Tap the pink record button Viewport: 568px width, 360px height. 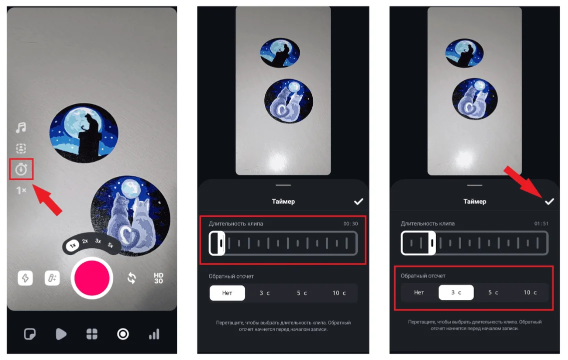(92, 277)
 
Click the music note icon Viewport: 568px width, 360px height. (21, 127)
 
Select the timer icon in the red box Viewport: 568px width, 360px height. (21, 169)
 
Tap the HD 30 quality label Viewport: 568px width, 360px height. (158, 278)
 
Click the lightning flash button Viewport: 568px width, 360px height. (25, 278)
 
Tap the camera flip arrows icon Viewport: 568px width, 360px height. (132, 278)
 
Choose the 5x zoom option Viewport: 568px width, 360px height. (110, 245)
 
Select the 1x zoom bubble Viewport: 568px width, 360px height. (73, 245)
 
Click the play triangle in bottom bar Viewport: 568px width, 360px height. (61, 334)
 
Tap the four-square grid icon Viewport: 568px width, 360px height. (92, 334)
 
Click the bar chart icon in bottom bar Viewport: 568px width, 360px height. (154, 334)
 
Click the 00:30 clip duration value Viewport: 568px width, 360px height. (351, 223)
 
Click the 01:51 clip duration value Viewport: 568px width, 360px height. (542, 223)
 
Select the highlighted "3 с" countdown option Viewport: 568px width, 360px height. (456, 292)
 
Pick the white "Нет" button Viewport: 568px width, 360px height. (227, 293)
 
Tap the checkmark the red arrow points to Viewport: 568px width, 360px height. (550, 201)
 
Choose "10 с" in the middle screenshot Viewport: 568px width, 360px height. (339, 293)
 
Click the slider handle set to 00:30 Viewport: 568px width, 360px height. (217, 243)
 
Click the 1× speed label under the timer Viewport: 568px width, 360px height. (21, 190)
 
